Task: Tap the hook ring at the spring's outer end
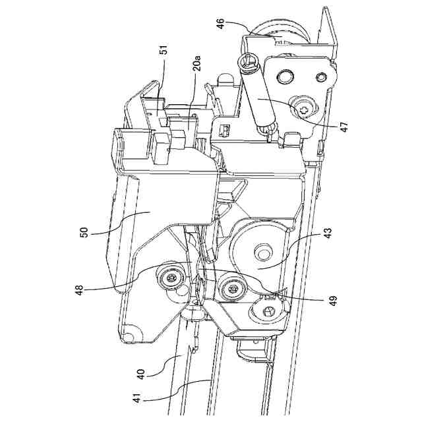tap(247, 64)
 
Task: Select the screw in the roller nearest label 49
tap(230, 287)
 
